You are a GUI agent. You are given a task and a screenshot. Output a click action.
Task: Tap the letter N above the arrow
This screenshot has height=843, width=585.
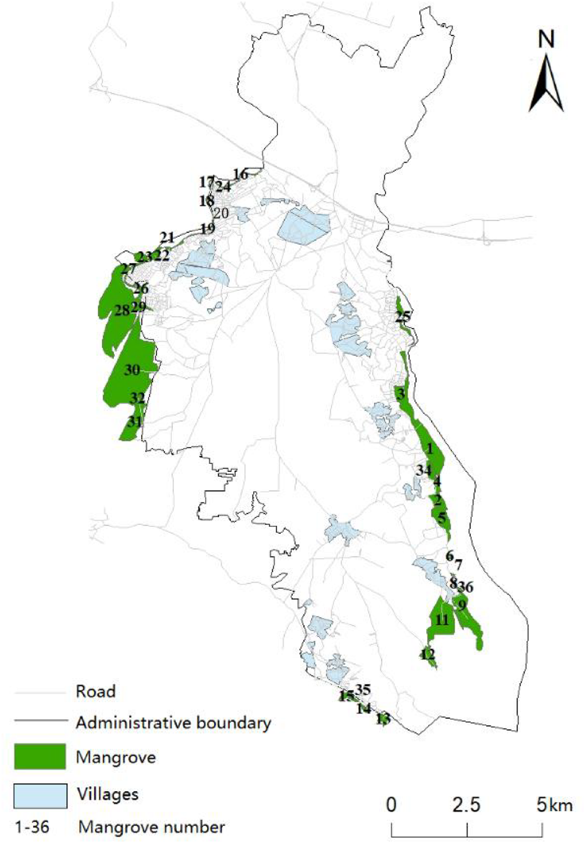pyautogui.click(x=546, y=39)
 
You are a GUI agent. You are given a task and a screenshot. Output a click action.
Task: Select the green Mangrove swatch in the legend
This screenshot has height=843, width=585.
pyautogui.click(x=40, y=757)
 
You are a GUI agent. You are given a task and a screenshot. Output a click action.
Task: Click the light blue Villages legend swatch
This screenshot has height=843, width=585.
pyautogui.click(x=40, y=794)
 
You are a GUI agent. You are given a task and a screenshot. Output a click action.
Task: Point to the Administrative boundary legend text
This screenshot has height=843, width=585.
pyautogui.click(x=173, y=723)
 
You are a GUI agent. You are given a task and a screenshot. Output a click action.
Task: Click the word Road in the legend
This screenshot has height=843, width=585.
pyautogui.click(x=95, y=691)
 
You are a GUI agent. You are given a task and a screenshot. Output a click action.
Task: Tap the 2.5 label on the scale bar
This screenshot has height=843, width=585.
pyautogui.click(x=467, y=805)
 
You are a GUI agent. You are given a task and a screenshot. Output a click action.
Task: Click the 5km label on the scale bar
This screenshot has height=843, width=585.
pyautogui.click(x=554, y=805)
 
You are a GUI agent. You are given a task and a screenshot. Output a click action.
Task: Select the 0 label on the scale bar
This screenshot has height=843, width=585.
pyautogui.click(x=391, y=805)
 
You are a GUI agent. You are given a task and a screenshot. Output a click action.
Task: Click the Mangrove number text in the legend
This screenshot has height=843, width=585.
pyautogui.click(x=151, y=827)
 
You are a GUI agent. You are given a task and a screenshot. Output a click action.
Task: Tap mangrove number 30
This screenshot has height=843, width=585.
pyautogui.click(x=132, y=370)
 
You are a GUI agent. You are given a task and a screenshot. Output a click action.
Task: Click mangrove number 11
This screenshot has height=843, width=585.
pyautogui.click(x=443, y=620)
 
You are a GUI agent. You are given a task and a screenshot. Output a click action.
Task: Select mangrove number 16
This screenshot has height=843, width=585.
pyautogui.click(x=240, y=174)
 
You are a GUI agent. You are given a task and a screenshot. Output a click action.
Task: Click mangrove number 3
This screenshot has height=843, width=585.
pyautogui.click(x=401, y=394)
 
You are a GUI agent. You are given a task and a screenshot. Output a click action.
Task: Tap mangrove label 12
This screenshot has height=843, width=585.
pyautogui.click(x=427, y=655)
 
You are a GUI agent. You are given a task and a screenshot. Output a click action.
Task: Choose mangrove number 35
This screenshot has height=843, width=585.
pyautogui.click(x=363, y=690)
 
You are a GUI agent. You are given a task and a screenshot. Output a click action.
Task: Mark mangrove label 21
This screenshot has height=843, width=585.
pyautogui.click(x=167, y=237)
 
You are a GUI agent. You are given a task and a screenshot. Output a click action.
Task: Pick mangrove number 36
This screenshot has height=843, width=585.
pyautogui.click(x=465, y=587)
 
